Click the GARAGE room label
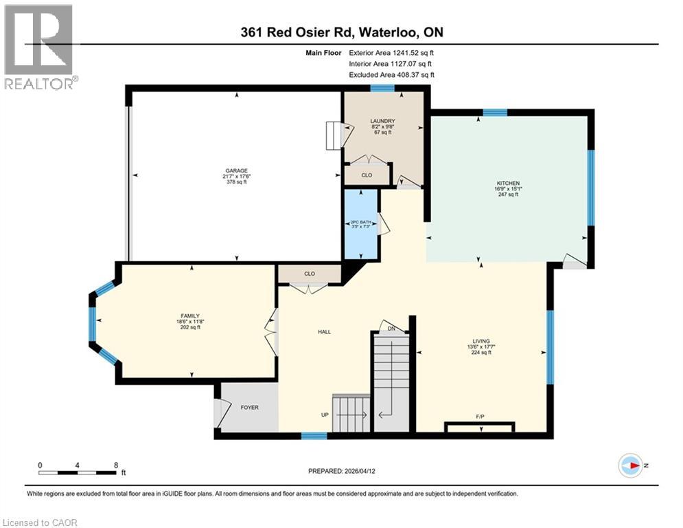238,170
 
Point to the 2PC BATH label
360,222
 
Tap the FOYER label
249,408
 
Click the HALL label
324,332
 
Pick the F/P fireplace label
480,417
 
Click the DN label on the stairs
391,329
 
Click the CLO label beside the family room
309,274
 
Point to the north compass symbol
629,465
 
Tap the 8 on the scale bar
115,465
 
